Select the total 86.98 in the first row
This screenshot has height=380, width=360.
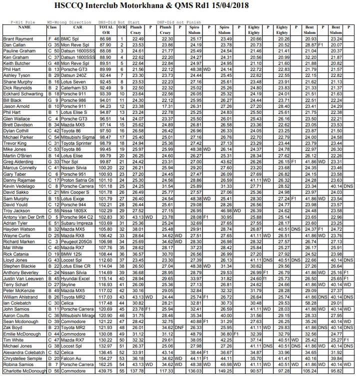105,38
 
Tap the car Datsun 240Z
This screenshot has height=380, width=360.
74,75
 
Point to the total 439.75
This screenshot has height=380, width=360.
105,371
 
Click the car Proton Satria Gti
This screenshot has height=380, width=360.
78,179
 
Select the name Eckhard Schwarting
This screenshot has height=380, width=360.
22,93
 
